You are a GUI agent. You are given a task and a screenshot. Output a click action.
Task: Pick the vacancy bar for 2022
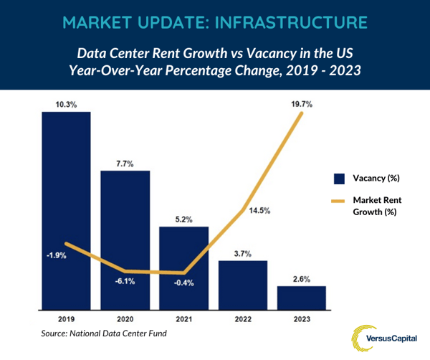[x=242, y=283]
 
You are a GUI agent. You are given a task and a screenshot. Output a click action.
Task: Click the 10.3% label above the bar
[x=67, y=105]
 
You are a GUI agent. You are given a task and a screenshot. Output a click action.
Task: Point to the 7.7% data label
[x=125, y=164]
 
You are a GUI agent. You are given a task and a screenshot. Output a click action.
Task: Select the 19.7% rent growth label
[x=301, y=105]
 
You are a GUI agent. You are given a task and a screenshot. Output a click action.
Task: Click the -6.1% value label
[x=125, y=283]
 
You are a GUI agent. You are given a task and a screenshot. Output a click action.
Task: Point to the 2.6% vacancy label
[x=301, y=279]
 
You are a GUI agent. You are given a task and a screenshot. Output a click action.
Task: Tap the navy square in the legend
[x=338, y=178]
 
